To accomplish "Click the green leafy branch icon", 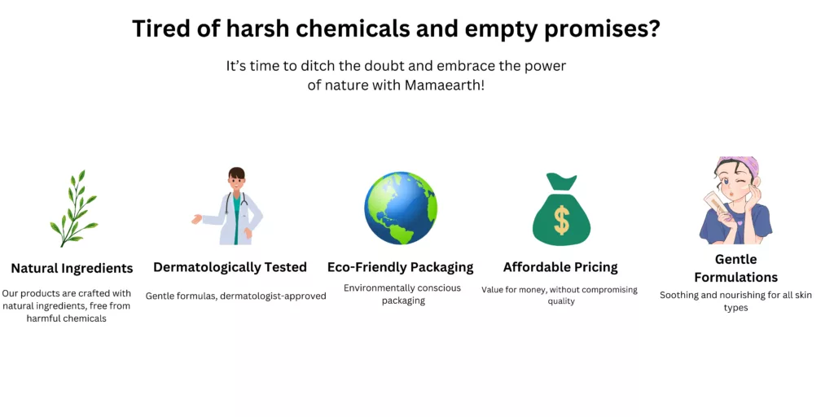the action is (74, 208).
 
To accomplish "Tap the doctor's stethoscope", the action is (236, 204).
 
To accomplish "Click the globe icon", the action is (401, 208).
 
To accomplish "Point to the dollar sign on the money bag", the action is (561, 221).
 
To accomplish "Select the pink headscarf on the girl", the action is (740, 164).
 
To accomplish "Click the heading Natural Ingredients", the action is (72, 268).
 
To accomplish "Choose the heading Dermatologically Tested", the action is (230, 267).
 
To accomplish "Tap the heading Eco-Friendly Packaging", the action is (400, 267).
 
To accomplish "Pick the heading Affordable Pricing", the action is (560, 267).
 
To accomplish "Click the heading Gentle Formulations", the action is (735, 269).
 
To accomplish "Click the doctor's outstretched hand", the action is (196, 218).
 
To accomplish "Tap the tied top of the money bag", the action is (562, 181).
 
